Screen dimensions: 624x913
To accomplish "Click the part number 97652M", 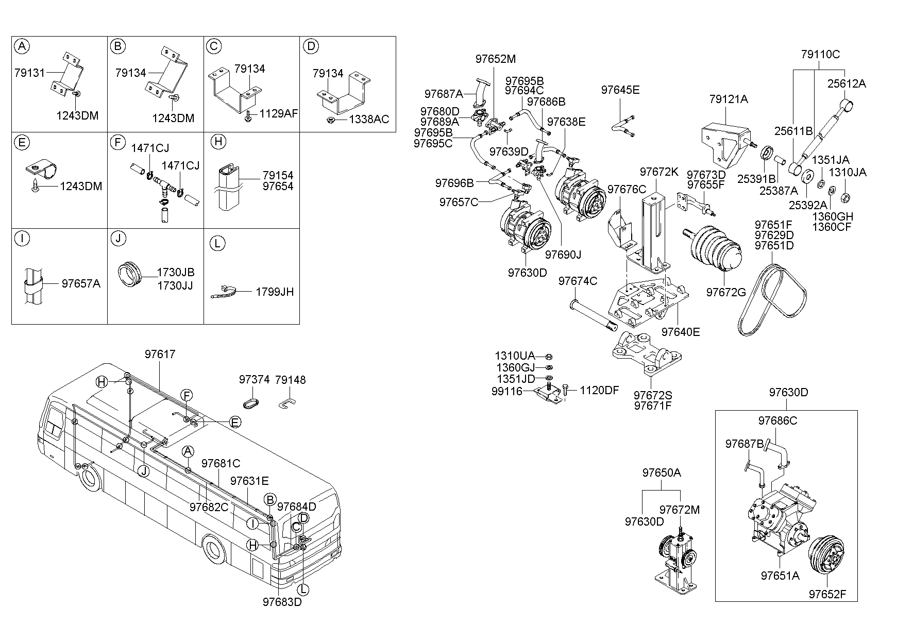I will tap(495, 59).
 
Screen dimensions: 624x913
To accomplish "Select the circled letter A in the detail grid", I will tap(22, 46).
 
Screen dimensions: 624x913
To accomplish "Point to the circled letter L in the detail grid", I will tap(218, 244).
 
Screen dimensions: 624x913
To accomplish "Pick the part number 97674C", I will tap(578, 281).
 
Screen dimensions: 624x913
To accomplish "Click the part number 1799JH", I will tap(275, 292).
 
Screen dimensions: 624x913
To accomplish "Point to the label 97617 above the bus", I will tap(160, 354).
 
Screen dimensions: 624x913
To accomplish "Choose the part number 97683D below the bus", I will tap(282, 601).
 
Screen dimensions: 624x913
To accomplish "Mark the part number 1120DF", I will tap(599, 390).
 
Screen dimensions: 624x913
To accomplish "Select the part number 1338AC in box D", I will tap(369, 120).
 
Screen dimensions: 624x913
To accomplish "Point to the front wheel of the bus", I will tap(214, 550).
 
